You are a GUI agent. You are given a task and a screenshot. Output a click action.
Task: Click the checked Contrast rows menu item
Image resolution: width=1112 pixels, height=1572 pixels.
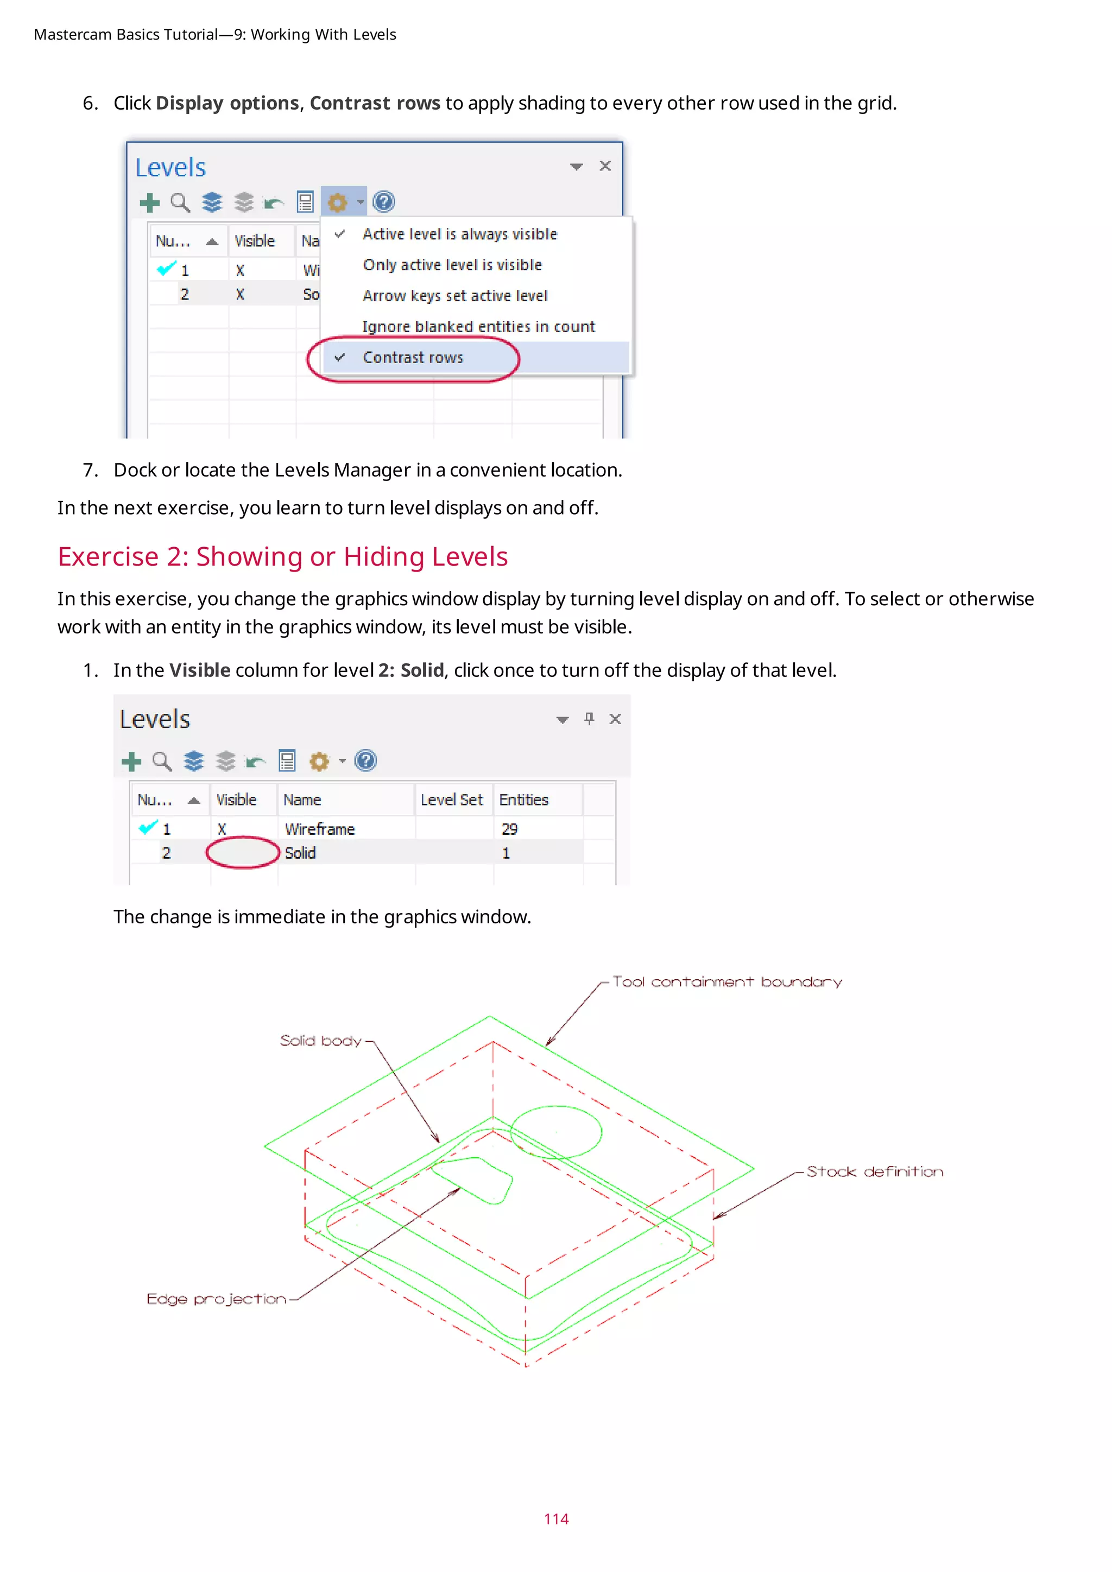pos(413,357)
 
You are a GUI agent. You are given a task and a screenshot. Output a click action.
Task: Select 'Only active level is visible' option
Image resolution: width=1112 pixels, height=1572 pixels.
pos(452,265)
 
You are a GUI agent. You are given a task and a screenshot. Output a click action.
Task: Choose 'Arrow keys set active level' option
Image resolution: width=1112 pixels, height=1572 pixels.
pos(454,296)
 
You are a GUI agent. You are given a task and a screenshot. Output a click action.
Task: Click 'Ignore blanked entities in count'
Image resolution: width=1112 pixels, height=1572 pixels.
pos(478,327)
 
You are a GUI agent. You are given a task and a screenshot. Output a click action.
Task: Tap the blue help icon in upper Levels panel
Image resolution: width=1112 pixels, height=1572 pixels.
pos(383,202)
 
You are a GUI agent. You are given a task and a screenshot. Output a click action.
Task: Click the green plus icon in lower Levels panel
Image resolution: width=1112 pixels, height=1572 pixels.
pos(131,762)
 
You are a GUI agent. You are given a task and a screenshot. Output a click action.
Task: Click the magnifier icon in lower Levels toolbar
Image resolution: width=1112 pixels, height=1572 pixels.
pos(162,762)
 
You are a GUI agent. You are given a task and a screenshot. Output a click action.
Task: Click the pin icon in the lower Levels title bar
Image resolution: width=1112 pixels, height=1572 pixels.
pos(589,718)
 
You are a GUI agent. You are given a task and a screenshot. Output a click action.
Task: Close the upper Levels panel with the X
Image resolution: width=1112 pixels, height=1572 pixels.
pos(605,167)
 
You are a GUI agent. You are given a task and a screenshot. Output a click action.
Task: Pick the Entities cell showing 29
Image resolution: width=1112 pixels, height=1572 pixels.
pos(509,829)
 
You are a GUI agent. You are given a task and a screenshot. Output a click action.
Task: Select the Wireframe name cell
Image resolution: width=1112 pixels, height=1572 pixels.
pos(320,829)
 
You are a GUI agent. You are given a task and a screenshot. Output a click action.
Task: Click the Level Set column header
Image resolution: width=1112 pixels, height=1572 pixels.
pos(451,800)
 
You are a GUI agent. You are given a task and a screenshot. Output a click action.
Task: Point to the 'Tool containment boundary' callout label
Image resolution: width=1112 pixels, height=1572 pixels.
pos(726,982)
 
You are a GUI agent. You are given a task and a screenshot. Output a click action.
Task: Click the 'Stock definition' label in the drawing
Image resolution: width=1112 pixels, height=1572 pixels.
pos(874,1171)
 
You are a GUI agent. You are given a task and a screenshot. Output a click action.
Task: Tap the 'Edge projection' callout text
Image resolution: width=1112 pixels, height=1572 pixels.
pos(217,1299)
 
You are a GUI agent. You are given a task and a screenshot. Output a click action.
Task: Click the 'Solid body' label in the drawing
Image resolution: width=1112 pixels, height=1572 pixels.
pos(320,1041)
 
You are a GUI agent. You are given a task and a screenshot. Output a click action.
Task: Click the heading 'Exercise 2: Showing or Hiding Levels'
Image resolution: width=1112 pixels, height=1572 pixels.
pos(282,556)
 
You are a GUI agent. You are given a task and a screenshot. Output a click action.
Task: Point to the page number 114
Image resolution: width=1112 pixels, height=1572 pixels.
pos(556,1519)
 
